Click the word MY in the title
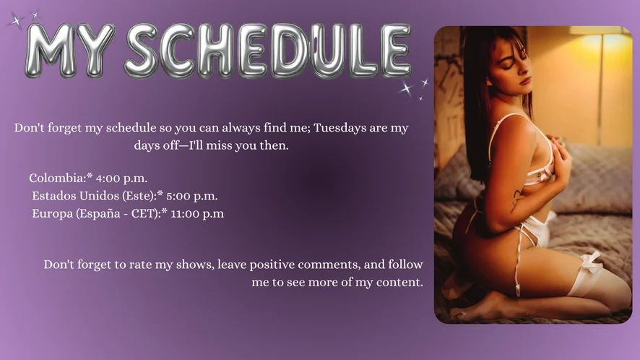point(69,51)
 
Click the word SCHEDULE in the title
point(268,51)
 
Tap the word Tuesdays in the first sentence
point(340,128)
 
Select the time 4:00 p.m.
point(121,179)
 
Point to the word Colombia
point(57,178)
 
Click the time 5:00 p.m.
point(192,196)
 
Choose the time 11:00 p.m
point(197,214)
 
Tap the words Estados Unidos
point(76,196)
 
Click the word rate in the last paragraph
point(141,265)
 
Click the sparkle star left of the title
point(16,21)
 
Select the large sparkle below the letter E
point(407,88)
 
